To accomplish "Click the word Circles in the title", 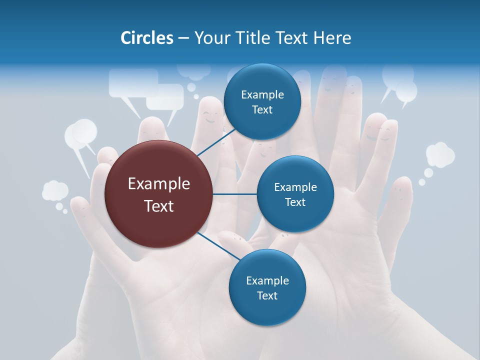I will pos(146,38).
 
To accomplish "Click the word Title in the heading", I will pos(250,38).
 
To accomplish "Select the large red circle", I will pos(159,194).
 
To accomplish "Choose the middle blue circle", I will pos(295,194).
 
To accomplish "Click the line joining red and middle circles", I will pos(235,194).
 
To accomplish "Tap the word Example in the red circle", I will pos(159,184).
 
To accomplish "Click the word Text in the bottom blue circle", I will pos(267,295).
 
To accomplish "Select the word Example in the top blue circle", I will pos(262,95).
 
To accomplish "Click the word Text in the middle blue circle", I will pos(295,202).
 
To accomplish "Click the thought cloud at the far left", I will pos(54,191).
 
